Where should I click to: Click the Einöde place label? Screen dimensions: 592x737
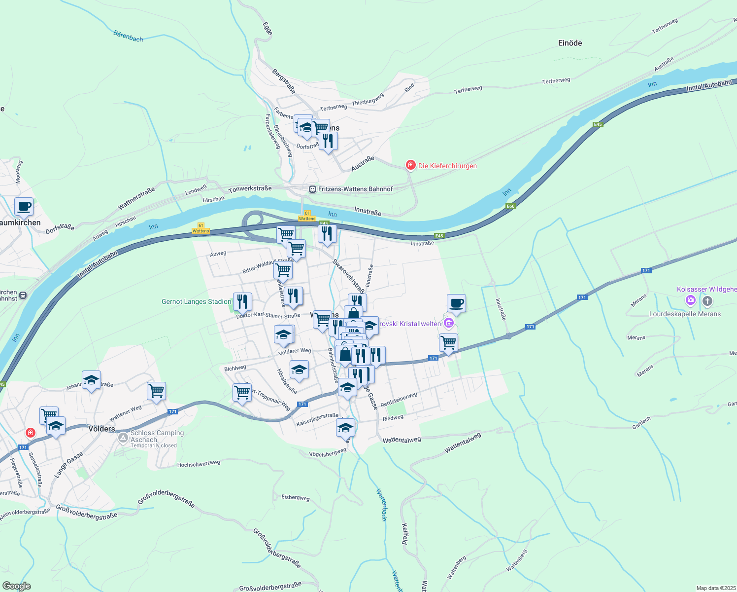click(570, 43)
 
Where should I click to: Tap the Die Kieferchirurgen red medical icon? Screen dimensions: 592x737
click(410, 165)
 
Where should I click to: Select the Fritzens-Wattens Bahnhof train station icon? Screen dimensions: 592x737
click(312, 189)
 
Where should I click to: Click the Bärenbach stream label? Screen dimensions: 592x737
click(128, 36)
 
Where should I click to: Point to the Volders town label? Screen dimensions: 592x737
click(101, 429)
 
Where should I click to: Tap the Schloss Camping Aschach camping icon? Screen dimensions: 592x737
click(123, 437)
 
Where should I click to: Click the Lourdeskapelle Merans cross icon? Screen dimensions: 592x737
click(707, 301)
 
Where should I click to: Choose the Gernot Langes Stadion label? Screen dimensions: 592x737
click(196, 301)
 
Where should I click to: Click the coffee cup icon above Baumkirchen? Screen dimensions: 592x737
click(24, 207)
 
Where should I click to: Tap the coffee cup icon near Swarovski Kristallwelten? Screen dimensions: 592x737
click(456, 303)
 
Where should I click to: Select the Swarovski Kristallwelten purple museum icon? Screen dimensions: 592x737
click(448, 324)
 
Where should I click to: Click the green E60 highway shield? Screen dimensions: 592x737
click(510, 206)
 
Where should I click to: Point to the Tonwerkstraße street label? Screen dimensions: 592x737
click(250, 189)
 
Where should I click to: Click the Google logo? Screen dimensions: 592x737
click(16, 586)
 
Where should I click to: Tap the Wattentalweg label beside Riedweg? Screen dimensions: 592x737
click(402, 440)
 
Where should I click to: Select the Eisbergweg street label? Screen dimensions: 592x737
click(296, 497)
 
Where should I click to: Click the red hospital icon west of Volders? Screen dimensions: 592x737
click(31, 433)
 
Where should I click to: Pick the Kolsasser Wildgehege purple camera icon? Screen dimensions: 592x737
click(691, 299)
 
